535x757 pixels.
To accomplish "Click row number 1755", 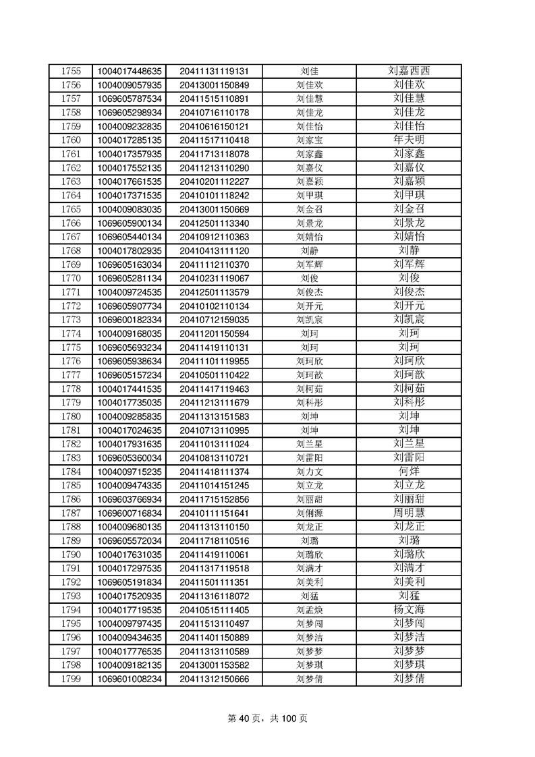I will click(71, 71).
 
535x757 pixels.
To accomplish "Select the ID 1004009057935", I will click(130, 85).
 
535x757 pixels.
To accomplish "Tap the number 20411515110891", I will click(214, 99).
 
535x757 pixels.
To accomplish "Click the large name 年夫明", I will click(410, 140).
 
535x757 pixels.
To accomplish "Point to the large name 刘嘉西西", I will click(410, 71).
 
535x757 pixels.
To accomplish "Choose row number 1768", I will click(71, 250).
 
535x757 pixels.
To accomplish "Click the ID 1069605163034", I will click(130, 264).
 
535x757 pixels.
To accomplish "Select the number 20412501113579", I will click(214, 292).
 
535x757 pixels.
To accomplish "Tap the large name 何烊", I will click(410, 472).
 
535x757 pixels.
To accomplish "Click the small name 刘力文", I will click(310, 472).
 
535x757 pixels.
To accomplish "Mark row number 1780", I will click(71, 416).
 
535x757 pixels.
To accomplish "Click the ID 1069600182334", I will click(130, 320).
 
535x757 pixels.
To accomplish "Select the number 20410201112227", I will click(214, 181).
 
